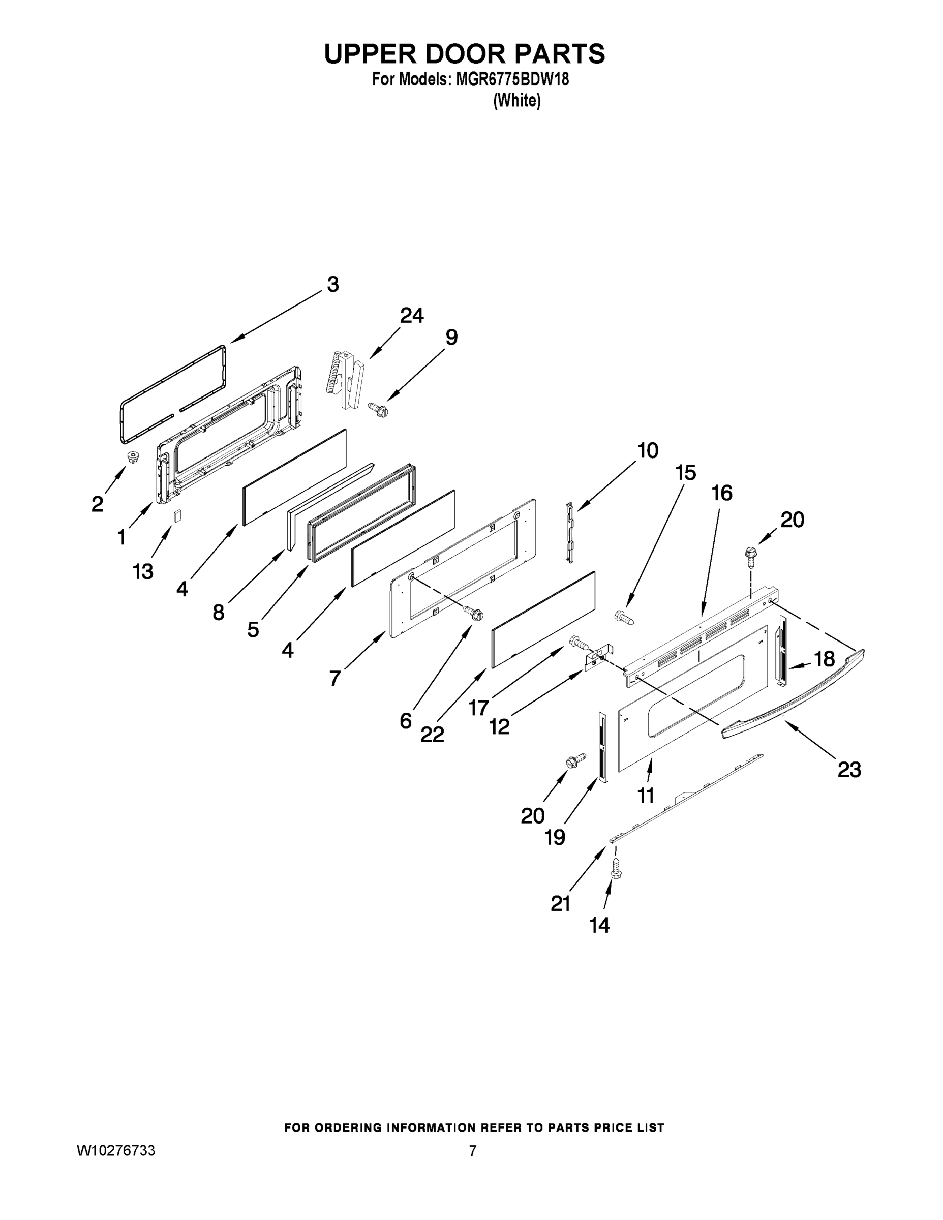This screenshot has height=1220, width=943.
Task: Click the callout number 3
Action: [332, 285]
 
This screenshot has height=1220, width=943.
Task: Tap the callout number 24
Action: [412, 316]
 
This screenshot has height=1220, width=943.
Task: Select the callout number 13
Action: [143, 571]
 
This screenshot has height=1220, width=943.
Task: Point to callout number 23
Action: [849, 770]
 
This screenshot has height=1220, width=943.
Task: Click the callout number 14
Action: [599, 926]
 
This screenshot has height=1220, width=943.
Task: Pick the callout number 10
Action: [648, 450]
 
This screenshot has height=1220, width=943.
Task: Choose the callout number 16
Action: [722, 493]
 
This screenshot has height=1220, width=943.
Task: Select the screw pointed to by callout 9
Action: [378, 409]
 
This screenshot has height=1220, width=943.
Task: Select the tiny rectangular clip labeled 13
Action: [177, 515]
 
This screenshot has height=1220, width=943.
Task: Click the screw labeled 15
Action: [625, 617]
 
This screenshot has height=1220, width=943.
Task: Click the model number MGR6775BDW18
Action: [512, 79]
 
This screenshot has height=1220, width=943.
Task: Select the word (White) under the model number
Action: [517, 101]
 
